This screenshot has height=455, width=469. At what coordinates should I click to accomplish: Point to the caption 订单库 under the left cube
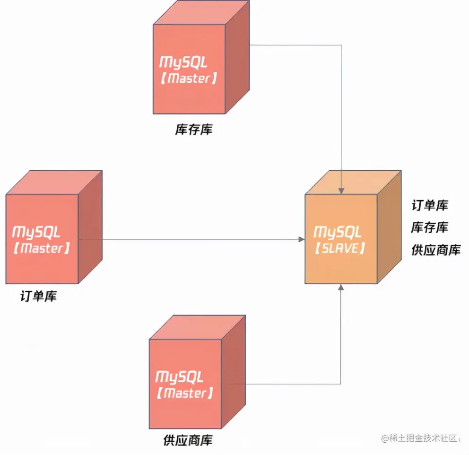point(38,297)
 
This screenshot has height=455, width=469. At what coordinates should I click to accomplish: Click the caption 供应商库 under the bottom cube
point(188,440)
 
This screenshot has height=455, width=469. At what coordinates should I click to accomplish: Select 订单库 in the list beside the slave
point(430,205)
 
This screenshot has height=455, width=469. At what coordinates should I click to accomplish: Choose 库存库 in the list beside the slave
point(430,227)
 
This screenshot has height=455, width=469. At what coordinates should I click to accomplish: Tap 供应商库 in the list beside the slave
point(435,250)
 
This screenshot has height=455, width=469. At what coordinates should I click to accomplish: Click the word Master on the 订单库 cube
point(42,248)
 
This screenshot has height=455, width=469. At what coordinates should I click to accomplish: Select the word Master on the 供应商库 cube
point(184,393)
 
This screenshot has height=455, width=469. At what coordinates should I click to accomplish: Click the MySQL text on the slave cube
point(338,232)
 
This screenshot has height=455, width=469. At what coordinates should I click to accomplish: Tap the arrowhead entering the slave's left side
point(302,239)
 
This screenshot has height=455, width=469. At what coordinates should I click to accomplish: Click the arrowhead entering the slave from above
point(341,191)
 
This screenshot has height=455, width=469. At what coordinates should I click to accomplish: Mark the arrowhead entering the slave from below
point(341,287)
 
